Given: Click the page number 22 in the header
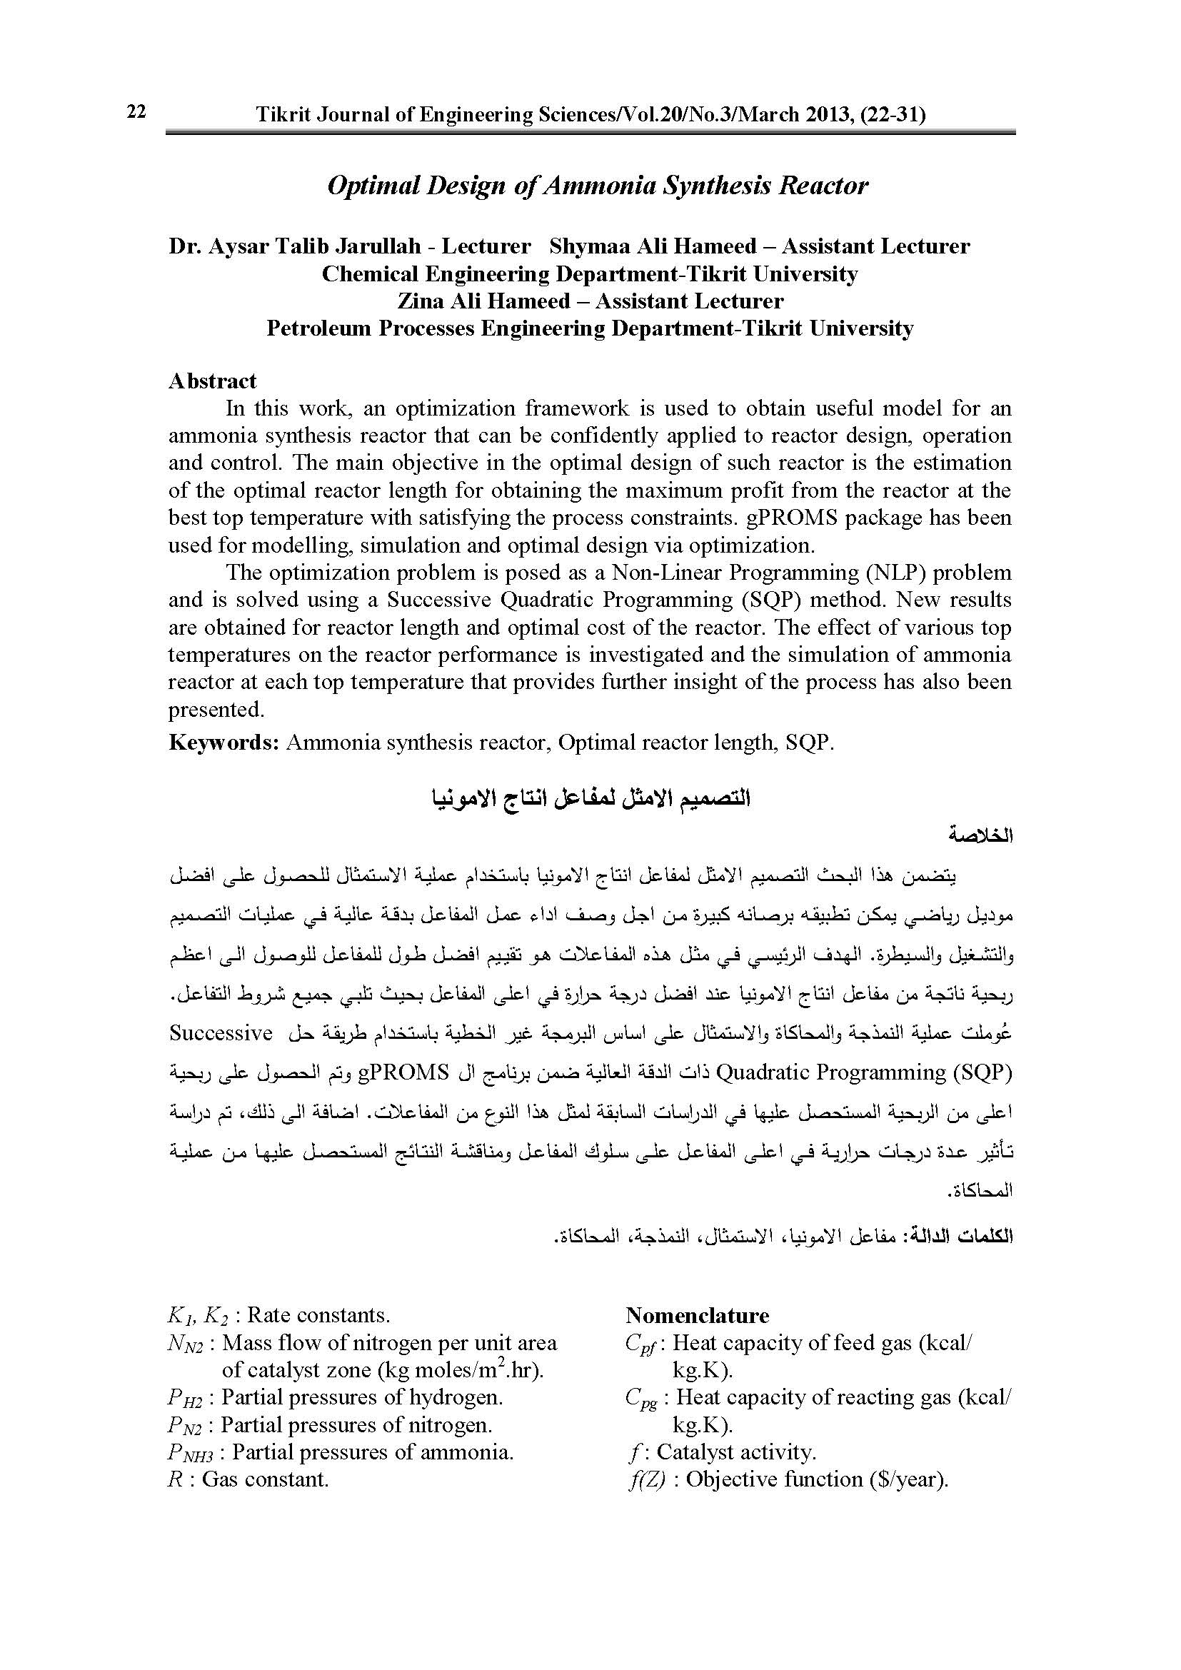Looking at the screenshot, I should click(x=136, y=111).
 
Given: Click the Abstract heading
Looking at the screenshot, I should click(x=212, y=381).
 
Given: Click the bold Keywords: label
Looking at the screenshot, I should click(x=224, y=743).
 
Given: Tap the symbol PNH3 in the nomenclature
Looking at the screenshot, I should click(x=191, y=1453).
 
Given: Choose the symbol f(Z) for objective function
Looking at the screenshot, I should click(x=646, y=1480).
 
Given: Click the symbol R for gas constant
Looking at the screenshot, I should click(x=174, y=1480).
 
